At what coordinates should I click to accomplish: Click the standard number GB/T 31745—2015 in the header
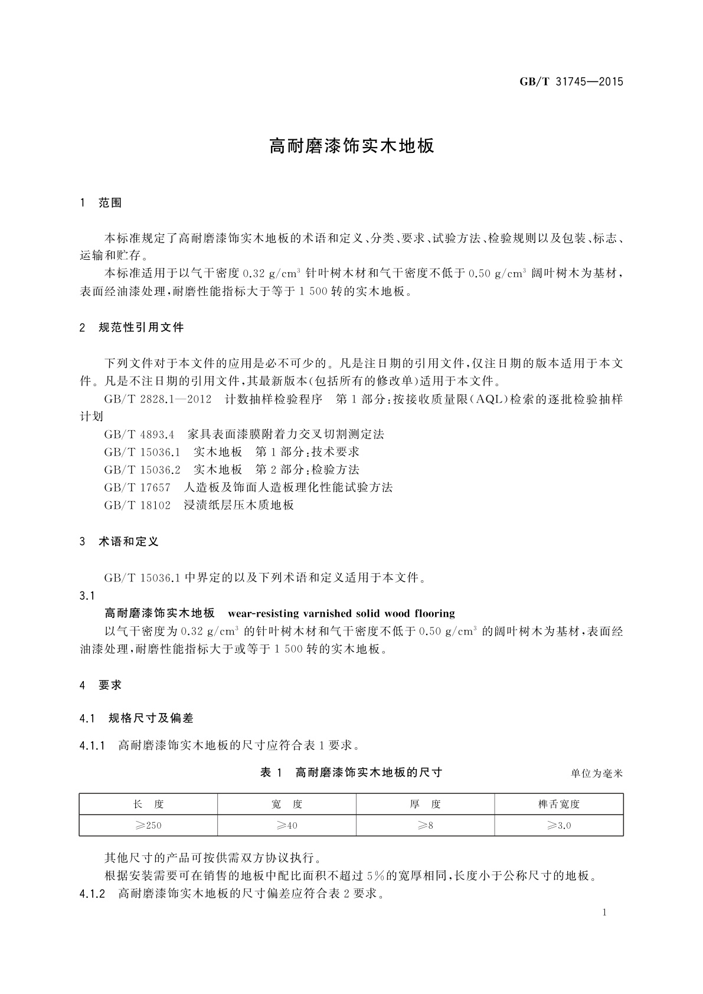tap(571, 82)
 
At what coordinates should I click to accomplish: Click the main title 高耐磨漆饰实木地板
tap(351, 146)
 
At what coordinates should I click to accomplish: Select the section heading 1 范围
tap(101, 203)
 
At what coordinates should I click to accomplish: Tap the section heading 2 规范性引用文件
tap(132, 327)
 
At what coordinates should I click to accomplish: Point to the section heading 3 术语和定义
tap(119, 541)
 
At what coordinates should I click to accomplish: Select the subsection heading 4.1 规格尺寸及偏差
tap(136, 718)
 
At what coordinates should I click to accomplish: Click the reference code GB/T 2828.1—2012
tap(158, 399)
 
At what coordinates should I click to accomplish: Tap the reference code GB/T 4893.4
tap(139, 434)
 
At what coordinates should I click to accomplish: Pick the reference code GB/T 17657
tap(137, 488)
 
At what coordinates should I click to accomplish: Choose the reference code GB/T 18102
tap(137, 505)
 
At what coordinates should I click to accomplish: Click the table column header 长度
tap(148, 804)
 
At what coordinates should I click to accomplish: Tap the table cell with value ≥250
tap(148, 825)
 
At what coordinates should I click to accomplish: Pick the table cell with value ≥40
tap(287, 825)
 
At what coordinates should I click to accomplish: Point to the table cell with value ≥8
tap(425, 825)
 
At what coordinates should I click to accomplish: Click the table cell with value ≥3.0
tap(558, 825)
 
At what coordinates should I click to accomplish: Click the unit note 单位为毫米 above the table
tap(596, 773)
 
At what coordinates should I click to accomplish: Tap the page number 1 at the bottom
tap(604, 913)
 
